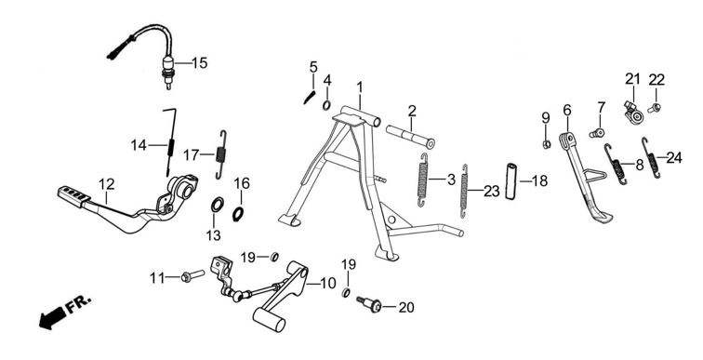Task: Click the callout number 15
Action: (200, 63)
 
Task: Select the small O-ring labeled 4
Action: (326, 106)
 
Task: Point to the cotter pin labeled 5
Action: (310, 98)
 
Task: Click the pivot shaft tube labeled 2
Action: (410, 137)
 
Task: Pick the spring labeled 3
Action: (423, 180)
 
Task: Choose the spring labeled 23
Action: (465, 191)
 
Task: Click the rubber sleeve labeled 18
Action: (512, 181)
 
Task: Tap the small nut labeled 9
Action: (547, 144)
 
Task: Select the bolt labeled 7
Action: (597, 133)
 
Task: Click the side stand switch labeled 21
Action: (634, 112)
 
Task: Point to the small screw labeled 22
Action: (655, 108)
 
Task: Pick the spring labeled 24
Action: (651, 157)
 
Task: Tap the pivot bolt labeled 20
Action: (369, 304)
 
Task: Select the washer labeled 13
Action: (217, 205)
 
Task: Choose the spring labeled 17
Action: (220, 154)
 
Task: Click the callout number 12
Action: (107, 184)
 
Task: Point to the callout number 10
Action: (327, 284)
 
